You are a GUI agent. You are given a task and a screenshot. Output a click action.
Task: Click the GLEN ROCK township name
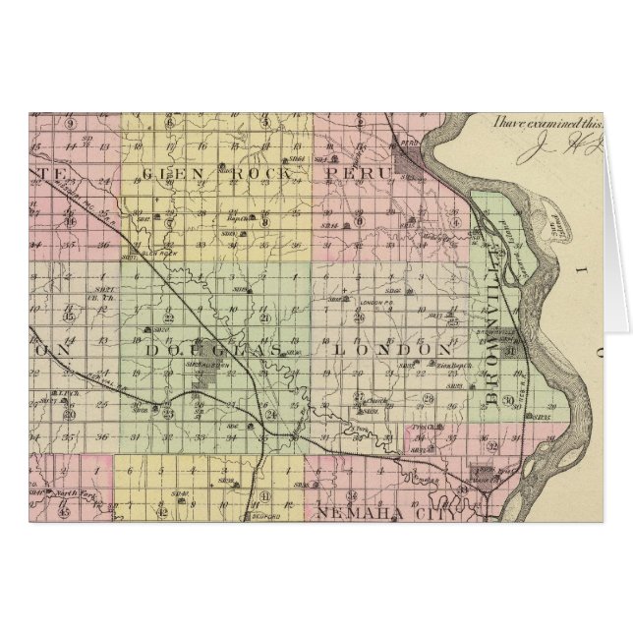coord(216,173)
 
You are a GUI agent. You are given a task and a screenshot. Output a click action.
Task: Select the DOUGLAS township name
coord(214,349)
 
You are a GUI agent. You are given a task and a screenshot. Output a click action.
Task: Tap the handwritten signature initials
coord(560,149)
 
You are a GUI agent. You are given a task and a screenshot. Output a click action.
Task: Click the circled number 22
coord(169,316)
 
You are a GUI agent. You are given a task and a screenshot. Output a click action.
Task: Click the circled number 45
coord(64,511)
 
